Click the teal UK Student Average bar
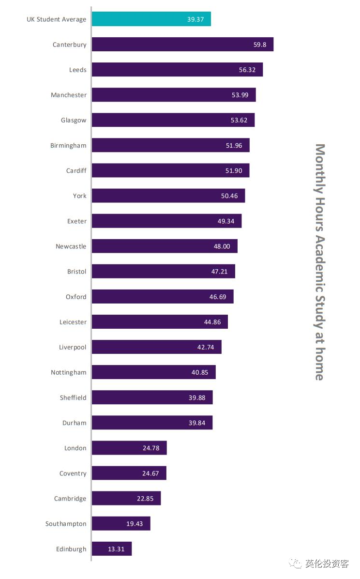[151, 19]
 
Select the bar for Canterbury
[182, 45]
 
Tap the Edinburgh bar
[112, 549]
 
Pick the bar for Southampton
[121, 524]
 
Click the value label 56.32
[247, 70]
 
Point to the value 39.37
[195, 19]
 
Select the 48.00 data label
[222, 246]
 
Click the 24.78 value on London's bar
[151, 448]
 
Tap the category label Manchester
[69, 95]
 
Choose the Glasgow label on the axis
[74, 120]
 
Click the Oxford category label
[76, 297]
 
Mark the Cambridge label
[70, 499]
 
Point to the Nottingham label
[69, 372]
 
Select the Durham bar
[152, 423]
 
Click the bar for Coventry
[129, 473]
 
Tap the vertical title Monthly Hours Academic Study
[320, 261]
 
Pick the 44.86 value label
[212, 322]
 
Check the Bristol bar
[163, 272]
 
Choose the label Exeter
[77, 221]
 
